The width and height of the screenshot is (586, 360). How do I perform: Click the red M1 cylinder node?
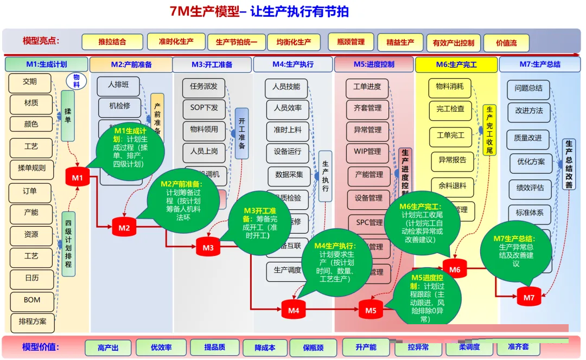[78, 177]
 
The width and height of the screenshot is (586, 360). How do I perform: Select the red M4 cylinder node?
[294, 310]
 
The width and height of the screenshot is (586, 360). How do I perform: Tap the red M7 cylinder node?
[529, 297]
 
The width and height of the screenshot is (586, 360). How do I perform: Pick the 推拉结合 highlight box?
[112, 42]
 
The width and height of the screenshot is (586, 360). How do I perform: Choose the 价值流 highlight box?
[506, 43]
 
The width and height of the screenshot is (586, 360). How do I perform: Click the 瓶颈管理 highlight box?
[351, 42]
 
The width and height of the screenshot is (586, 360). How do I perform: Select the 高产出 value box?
[108, 348]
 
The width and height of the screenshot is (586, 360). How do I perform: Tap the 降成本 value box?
[265, 348]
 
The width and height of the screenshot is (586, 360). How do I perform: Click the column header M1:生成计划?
[47, 65]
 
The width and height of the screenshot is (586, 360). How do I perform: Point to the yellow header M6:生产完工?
[456, 65]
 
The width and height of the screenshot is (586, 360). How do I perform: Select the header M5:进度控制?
[374, 65]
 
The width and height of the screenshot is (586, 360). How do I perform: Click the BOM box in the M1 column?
[32, 300]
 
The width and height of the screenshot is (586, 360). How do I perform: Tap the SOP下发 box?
[204, 107]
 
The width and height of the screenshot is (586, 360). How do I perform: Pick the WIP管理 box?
[367, 151]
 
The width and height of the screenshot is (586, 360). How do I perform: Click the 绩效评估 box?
[529, 188]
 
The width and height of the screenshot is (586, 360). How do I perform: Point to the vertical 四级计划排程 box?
[68, 244]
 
